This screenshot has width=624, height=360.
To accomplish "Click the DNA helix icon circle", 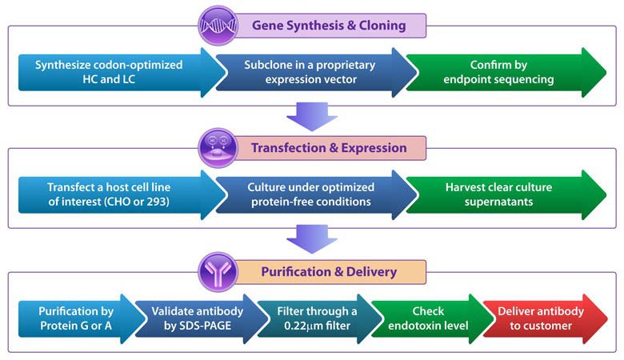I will (x=217, y=25).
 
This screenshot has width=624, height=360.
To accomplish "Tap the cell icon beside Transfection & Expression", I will (x=218, y=148).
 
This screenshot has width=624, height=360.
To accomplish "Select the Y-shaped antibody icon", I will (x=218, y=272).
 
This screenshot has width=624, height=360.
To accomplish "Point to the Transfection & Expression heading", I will (x=329, y=148).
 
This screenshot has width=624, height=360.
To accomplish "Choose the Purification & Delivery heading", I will (x=329, y=272).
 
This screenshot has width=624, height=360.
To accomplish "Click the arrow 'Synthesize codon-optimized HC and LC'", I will (x=109, y=72).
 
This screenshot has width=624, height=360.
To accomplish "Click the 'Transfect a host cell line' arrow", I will (x=109, y=194).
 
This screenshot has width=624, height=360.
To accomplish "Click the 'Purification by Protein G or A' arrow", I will (x=77, y=318).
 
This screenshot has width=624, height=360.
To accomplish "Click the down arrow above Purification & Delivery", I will (x=311, y=238).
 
